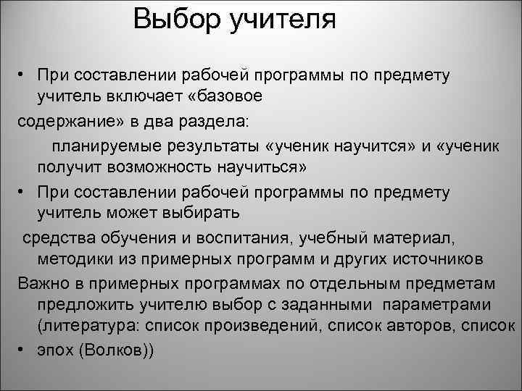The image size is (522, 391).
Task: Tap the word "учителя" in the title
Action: tap(283, 20)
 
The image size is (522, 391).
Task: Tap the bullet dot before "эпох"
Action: tap(24, 349)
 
